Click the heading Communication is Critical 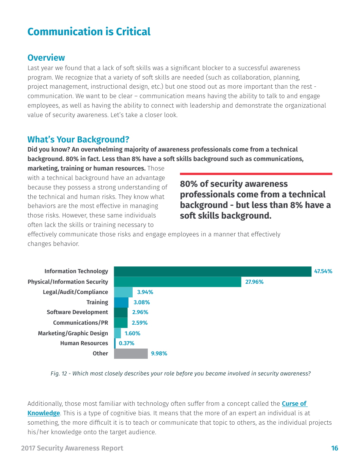(89, 32)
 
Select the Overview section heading (46, 58)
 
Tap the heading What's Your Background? (78, 139)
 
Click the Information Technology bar (212, 271)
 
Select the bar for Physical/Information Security (177, 282)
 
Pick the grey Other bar (130, 353)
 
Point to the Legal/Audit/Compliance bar (123, 292)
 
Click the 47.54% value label (323, 271)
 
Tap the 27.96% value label (254, 282)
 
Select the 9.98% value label (159, 353)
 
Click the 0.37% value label (127, 343)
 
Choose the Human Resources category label (84, 343)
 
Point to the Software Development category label (77, 312)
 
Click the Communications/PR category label (80, 323)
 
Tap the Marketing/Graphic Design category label (73, 333)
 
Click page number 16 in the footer (335, 448)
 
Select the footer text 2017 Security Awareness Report (72, 448)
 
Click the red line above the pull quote (256, 174)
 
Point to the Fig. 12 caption (180, 374)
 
